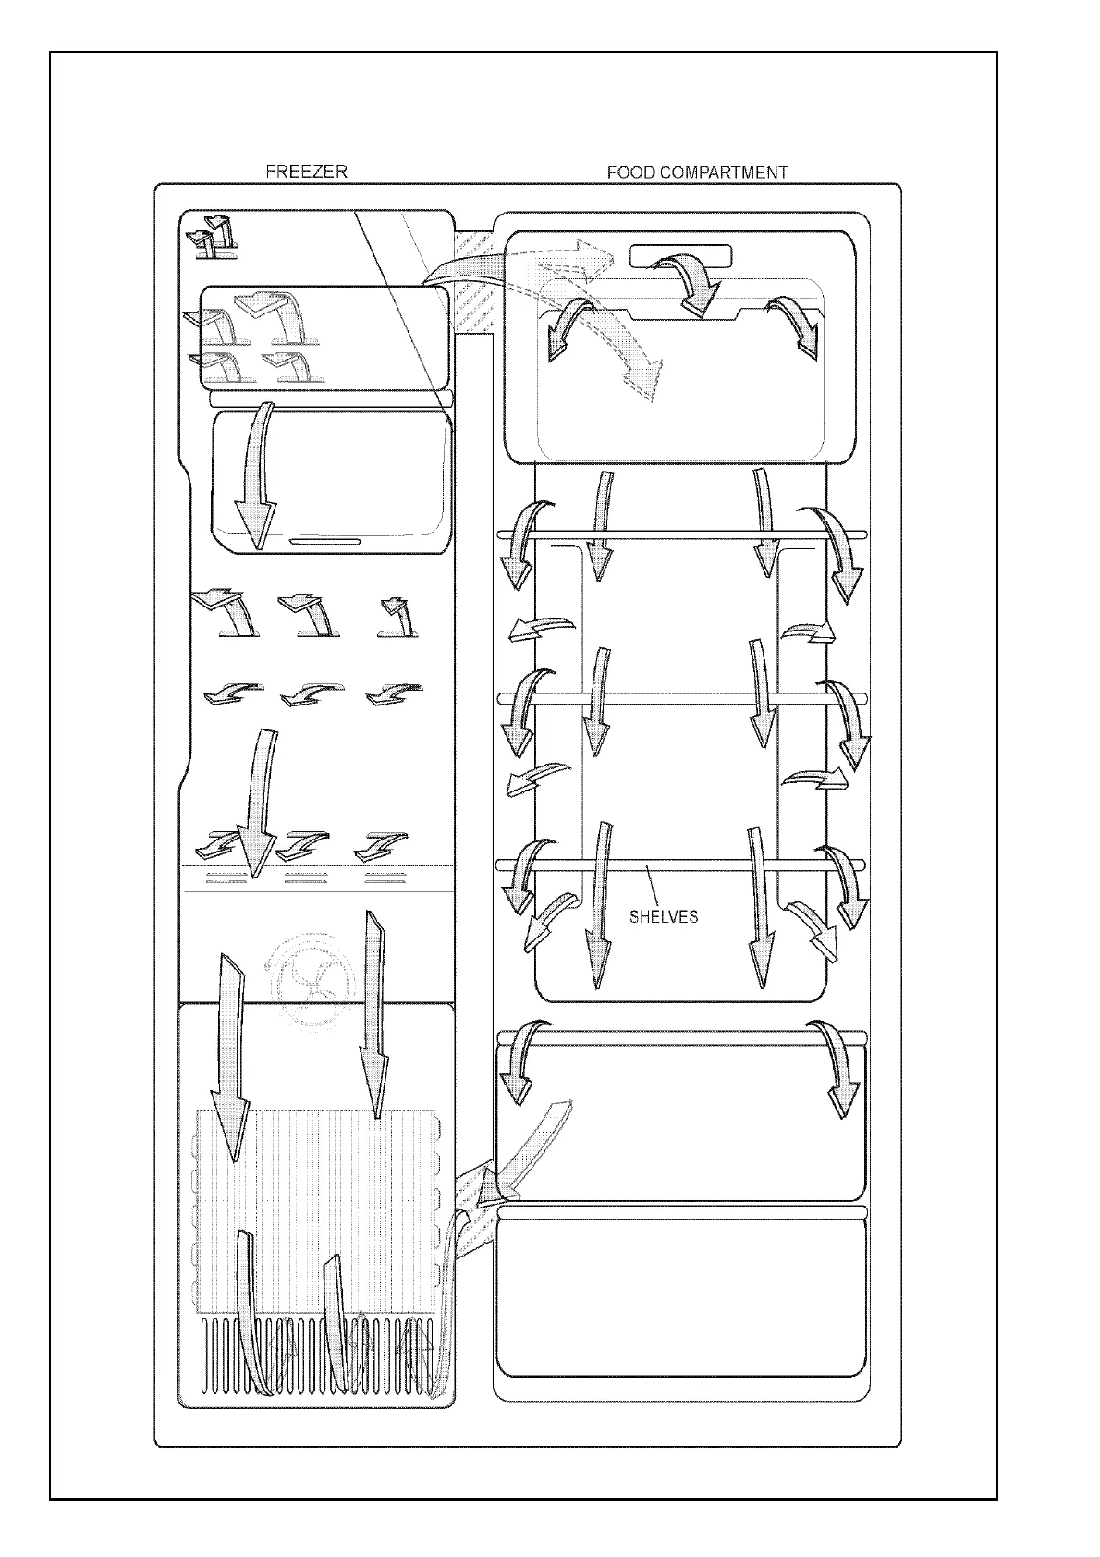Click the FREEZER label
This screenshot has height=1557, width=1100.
pyautogui.click(x=306, y=171)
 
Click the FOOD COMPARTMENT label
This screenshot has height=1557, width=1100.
pyautogui.click(x=697, y=172)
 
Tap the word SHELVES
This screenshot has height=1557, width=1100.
pyautogui.click(x=663, y=917)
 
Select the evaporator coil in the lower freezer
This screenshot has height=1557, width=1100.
pyautogui.click(x=314, y=1211)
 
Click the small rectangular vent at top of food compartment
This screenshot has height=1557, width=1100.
pyautogui.click(x=680, y=254)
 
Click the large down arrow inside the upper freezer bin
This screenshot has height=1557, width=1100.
pyautogui.click(x=256, y=476)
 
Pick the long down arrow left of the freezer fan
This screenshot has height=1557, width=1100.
pyautogui.click(x=226, y=1045)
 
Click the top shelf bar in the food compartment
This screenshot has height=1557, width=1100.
pyautogui.click(x=681, y=533)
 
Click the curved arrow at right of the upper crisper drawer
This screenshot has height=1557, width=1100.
pyautogui.click(x=837, y=1063)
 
